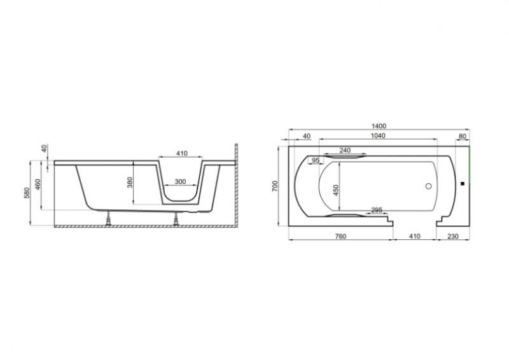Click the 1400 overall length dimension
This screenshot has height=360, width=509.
pyautogui.click(x=379, y=126)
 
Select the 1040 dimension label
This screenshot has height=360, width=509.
pyautogui.click(x=378, y=135)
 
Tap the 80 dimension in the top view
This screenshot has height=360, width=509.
pyautogui.click(x=463, y=136)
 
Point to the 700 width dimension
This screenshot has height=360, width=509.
pyautogui.click(x=275, y=186)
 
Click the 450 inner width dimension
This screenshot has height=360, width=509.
pyautogui.click(x=336, y=190)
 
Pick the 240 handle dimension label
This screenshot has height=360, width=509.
pyautogui.click(x=345, y=150)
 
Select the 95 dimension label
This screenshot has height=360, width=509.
pyautogui.click(x=316, y=160)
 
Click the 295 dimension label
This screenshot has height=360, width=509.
pyautogui.click(x=377, y=210)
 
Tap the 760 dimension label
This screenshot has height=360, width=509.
pyautogui.click(x=340, y=237)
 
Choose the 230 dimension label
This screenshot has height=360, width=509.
pyautogui.click(x=453, y=237)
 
